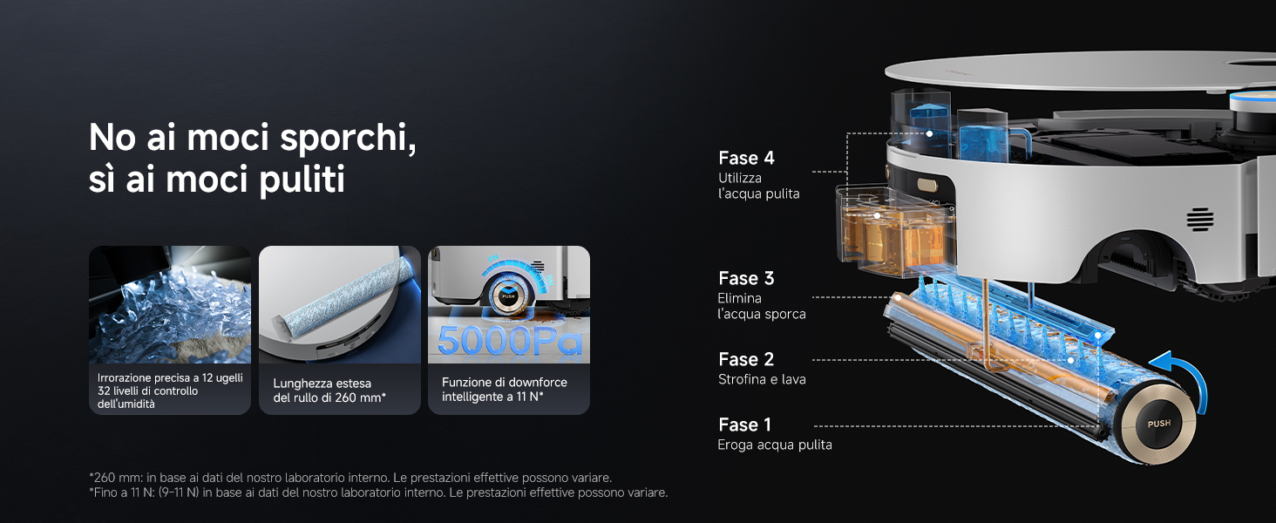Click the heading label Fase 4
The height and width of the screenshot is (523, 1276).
click(x=746, y=158)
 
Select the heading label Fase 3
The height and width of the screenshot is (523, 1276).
click(x=746, y=278)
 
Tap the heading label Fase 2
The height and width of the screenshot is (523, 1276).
click(x=746, y=359)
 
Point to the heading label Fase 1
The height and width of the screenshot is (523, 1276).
click(x=744, y=425)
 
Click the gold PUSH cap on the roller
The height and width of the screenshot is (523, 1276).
click(x=1158, y=424)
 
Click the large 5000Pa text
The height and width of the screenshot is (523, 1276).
click(x=510, y=341)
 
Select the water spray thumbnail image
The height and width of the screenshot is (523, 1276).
click(x=170, y=305)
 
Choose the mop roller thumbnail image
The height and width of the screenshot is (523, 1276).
click(x=340, y=305)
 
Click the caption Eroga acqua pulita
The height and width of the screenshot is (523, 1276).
click(x=775, y=445)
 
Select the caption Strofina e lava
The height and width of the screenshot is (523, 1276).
click(x=762, y=379)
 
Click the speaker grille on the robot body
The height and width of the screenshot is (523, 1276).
click(x=1199, y=220)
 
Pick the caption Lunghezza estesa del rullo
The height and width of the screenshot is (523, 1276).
click(x=329, y=391)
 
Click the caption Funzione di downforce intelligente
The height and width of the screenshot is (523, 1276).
click(x=504, y=390)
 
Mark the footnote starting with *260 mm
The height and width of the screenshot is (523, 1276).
click(x=350, y=478)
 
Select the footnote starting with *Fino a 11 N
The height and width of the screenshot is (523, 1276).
click(x=378, y=492)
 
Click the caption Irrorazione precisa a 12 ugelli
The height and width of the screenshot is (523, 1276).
click(x=170, y=377)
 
